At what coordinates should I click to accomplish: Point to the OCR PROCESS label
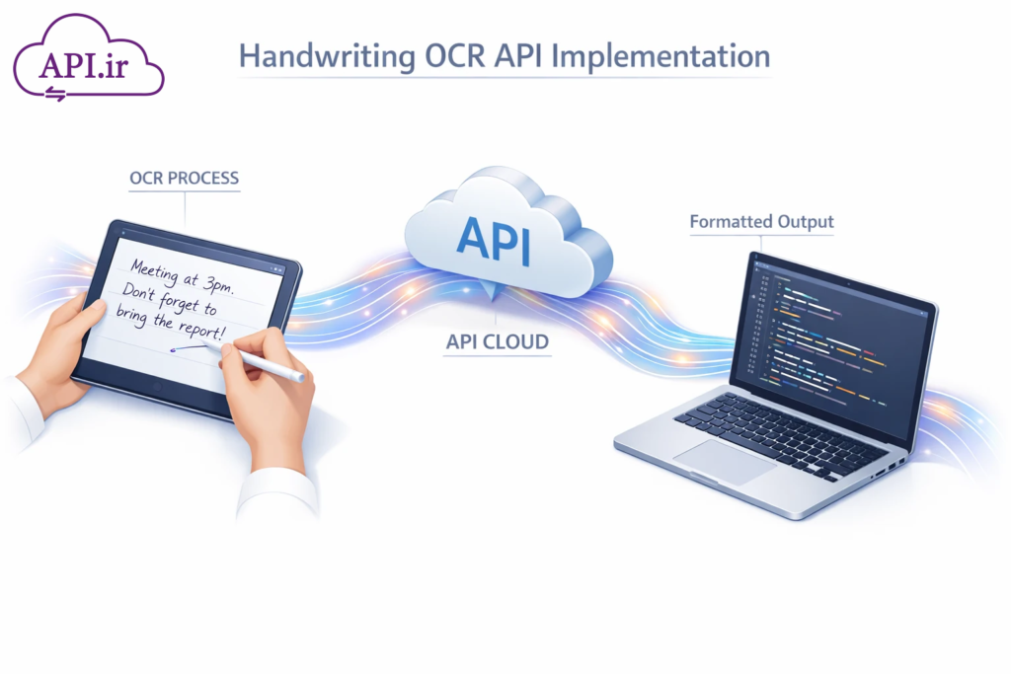pyautogui.click(x=184, y=179)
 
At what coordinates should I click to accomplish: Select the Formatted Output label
pyautogui.click(x=761, y=222)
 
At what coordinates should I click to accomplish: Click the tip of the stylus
pyautogui.click(x=206, y=347)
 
